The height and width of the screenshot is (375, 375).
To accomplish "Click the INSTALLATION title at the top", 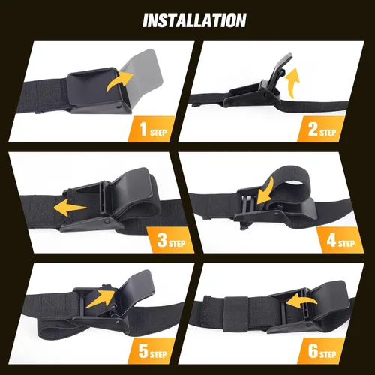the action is point(194,20).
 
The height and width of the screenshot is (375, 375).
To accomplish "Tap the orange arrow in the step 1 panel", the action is point(120,80).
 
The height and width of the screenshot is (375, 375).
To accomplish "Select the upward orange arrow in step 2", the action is point(292,82).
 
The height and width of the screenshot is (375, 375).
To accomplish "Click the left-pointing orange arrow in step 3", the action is point(70,208).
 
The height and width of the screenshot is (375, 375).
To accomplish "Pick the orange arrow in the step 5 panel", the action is point(100,298).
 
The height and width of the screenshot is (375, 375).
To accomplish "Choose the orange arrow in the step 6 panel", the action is point(301,301).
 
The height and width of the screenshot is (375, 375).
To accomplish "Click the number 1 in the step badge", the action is point(143,129).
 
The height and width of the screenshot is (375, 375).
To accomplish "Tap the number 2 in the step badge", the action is point(313,129).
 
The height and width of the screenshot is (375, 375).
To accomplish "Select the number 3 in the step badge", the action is point(162,240).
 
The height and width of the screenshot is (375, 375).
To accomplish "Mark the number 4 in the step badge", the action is point(331,240).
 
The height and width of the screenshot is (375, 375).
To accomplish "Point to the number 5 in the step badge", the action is point(143,351).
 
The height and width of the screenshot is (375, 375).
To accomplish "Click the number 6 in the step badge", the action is point(313,351).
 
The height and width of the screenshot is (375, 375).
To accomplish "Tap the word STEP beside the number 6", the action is point(328,354).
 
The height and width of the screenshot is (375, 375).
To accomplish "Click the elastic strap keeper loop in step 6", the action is point(235,314).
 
